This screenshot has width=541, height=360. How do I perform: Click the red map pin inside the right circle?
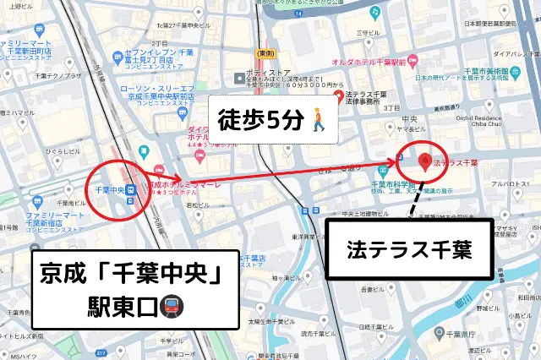424,160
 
